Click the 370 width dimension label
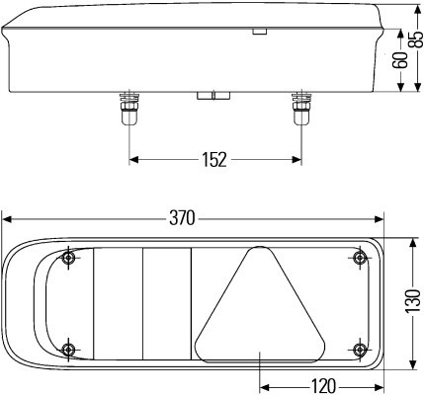click(x=182, y=218)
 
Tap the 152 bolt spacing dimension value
click(x=214, y=160)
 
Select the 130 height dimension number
click(x=413, y=301)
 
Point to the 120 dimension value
click(x=323, y=386)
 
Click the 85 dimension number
click(x=417, y=39)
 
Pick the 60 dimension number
click(x=400, y=60)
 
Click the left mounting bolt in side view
click(x=128, y=109)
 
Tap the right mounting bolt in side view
click(x=301, y=109)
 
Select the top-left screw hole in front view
click(x=68, y=258)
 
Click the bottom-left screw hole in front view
click(x=68, y=349)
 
